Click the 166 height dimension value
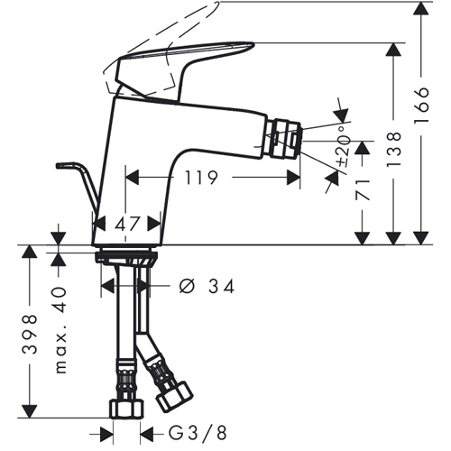pyautogui.click(x=421, y=106)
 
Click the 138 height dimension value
pyautogui.click(x=394, y=150)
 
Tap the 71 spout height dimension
pyautogui.click(x=363, y=189)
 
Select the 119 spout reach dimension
pyautogui.click(x=200, y=178)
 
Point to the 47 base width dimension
pyautogui.click(x=127, y=224)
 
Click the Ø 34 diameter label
pyautogui.click(x=207, y=286)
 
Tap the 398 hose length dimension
pyautogui.click(x=30, y=335)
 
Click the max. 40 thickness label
pyautogui.click(x=60, y=330)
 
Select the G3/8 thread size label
pyautogui.click(x=198, y=434)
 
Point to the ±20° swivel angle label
pyautogui.click(x=345, y=146)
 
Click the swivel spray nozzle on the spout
pyautogui.click(x=284, y=140)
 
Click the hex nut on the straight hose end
pyautogui.click(x=126, y=409)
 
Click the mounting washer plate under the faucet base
pyautogui.click(x=126, y=257)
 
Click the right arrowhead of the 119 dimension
pyautogui.click(x=293, y=178)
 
